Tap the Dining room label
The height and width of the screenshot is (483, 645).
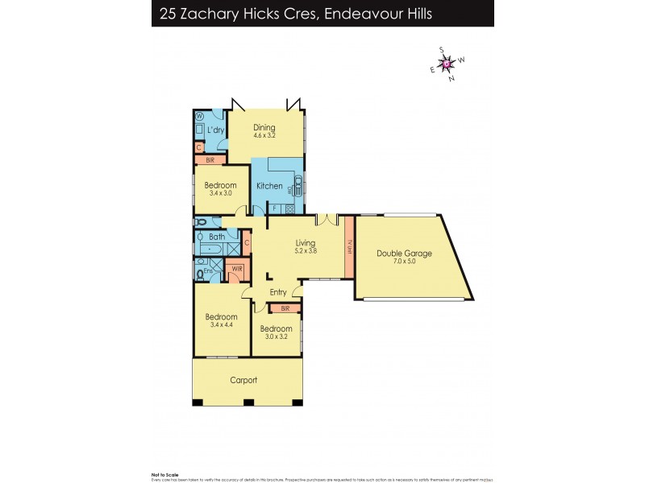tap(264, 127)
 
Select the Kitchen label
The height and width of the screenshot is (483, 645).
tap(269, 186)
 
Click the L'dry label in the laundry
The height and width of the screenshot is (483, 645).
tap(215, 130)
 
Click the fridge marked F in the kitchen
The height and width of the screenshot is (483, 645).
tap(274, 208)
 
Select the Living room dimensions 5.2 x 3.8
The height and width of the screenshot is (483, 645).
tap(305, 250)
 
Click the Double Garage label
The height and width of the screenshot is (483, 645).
tap(404, 254)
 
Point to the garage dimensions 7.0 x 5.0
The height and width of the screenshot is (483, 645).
tap(404, 262)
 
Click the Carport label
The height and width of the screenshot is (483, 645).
tap(243, 380)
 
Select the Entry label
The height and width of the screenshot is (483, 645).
tap(278, 292)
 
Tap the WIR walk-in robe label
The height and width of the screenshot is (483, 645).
tap(236, 269)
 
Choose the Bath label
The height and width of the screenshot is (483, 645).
tap(216, 237)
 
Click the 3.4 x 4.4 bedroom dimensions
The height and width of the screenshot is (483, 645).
tap(221, 325)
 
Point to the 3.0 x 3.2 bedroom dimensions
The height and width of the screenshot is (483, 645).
tap(276, 337)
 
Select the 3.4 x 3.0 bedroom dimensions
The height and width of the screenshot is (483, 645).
tap(220, 193)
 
